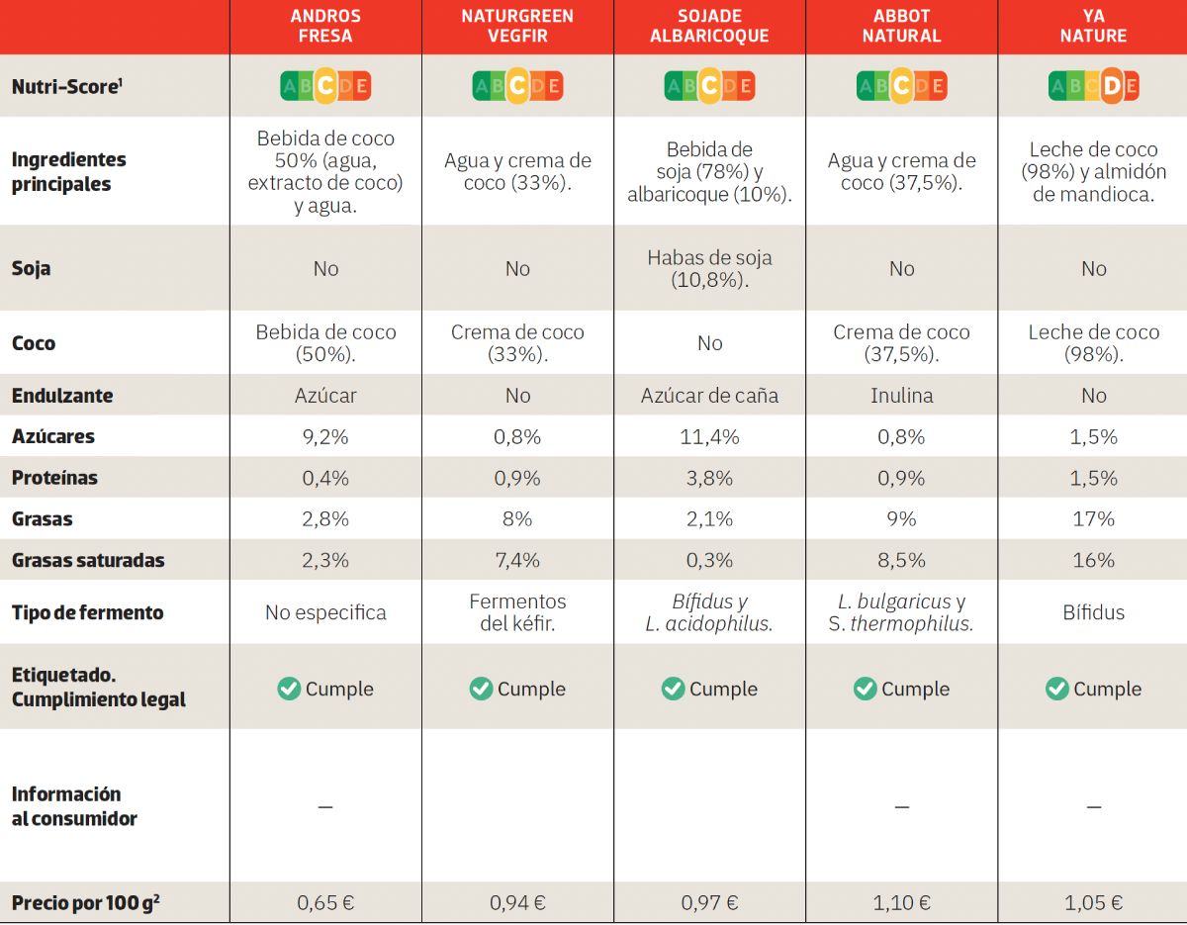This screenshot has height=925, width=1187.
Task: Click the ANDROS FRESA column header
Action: pyautogui.click(x=325, y=27)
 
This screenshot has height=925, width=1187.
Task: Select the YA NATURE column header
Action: pyautogui.click(x=1093, y=27)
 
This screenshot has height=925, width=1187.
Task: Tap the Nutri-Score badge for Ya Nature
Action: pyautogui.click(x=1093, y=86)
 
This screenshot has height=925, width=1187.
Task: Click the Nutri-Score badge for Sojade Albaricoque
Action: pyautogui.click(x=709, y=86)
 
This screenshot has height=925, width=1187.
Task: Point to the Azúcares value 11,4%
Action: pyautogui.click(x=709, y=436)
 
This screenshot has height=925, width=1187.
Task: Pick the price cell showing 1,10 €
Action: pyautogui.click(x=901, y=902)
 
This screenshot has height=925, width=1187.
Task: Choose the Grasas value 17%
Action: pyautogui.click(x=1093, y=518)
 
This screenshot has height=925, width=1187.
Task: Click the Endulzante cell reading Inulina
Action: pyautogui.click(x=901, y=396)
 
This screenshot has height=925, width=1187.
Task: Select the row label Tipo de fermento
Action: pyautogui.click(x=87, y=612)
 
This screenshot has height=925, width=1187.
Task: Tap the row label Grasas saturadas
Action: pyautogui.click(x=88, y=560)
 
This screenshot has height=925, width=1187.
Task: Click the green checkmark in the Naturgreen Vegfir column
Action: pyautogui.click(x=481, y=689)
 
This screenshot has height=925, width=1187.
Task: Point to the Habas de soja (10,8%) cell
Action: pyautogui.click(x=709, y=268)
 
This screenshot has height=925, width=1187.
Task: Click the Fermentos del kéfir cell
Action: pyautogui.click(x=517, y=612)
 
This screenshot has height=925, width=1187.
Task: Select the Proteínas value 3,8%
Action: pyautogui.click(x=709, y=478)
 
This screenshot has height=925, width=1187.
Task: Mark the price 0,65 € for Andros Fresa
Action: pyautogui.click(x=325, y=902)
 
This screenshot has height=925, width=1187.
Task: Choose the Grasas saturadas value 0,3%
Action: pyautogui.click(x=709, y=560)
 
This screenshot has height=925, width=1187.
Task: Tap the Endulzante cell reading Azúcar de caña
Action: pyautogui.click(x=709, y=396)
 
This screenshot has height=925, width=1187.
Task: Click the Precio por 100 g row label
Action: pyautogui.click(x=86, y=902)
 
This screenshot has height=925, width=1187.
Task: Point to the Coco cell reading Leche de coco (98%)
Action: pyautogui.click(x=1093, y=342)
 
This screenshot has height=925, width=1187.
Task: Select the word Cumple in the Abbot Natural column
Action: pyautogui.click(x=915, y=689)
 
